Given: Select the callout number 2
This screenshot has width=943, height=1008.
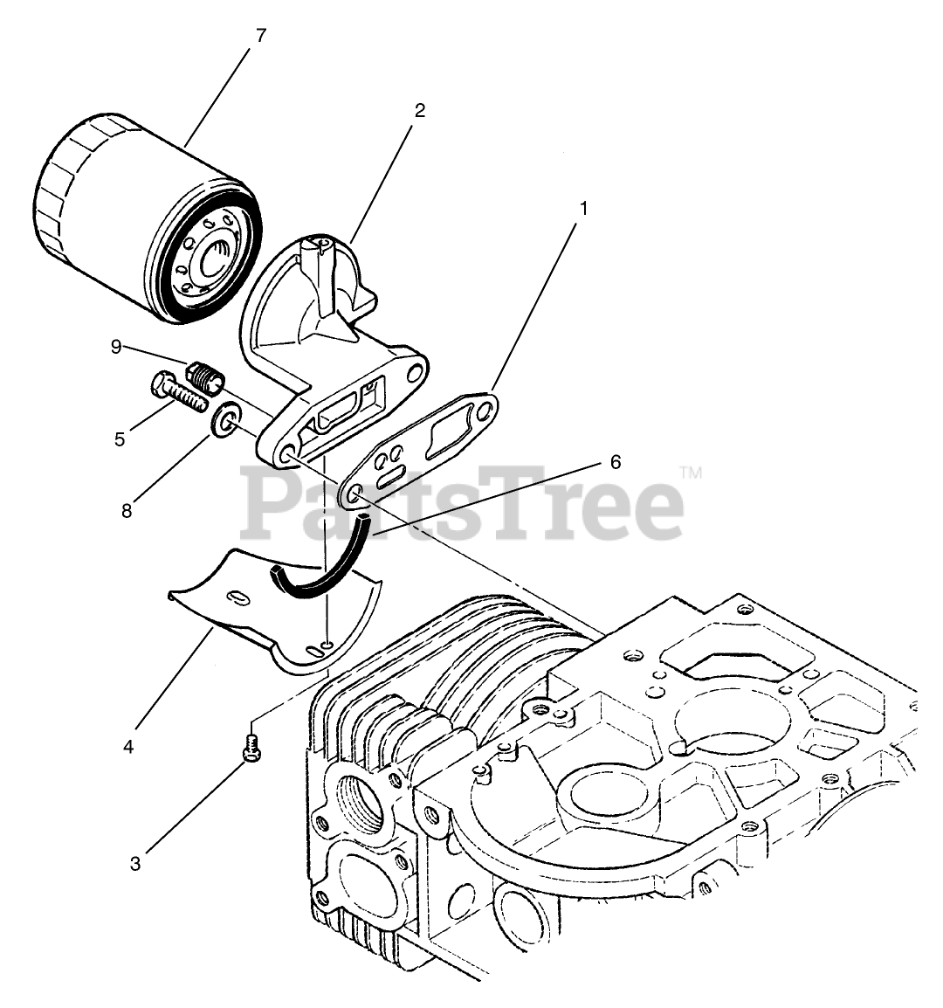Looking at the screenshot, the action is (419, 111).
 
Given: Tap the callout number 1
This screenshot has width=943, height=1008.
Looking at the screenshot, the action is (583, 209).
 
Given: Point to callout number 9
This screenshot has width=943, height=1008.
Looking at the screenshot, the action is (115, 347).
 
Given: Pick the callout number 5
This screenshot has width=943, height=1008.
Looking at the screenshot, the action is (120, 438).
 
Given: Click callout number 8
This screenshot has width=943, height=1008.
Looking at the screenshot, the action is (127, 511).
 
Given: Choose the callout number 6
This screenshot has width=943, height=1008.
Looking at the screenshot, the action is (616, 461).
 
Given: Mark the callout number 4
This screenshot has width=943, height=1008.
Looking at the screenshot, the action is (128, 747).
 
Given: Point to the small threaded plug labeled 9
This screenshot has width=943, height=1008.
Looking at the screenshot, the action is (206, 377).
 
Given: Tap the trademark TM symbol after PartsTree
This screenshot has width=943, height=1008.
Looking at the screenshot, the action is (691, 473).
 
